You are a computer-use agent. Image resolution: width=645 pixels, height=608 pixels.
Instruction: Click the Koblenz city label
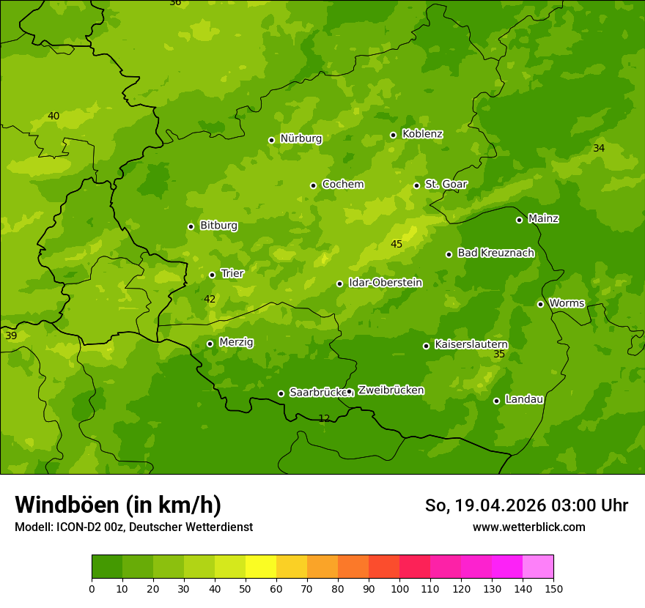pyautogui.click(x=422, y=134)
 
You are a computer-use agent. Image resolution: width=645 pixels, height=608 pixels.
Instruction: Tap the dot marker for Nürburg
pyautogui.click(x=271, y=140)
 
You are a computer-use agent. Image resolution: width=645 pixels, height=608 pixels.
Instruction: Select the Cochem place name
pyautogui.click(x=342, y=185)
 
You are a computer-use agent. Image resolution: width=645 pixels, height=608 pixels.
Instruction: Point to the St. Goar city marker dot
pyautogui.click(x=416, y=185)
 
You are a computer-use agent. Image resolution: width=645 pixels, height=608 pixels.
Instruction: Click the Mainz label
pyautogui.click(x=543, y=219)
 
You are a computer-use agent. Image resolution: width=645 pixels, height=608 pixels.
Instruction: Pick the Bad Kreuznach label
pyautogui.click(x=495, y=253)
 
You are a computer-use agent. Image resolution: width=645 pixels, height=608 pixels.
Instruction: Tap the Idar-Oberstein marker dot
pyautogui.click(x=339, y=283)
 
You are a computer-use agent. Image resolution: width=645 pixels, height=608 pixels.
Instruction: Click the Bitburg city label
pyautogui.click(x=218, y=226)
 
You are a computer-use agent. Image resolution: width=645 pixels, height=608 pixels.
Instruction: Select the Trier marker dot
pyautogui.click(x=212, y=275)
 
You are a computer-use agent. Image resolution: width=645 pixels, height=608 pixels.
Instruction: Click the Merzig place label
pyautogui.click(x=236, y=342)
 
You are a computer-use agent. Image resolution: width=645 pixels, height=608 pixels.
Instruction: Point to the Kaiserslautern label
pyautogui.click(x=471, y=344)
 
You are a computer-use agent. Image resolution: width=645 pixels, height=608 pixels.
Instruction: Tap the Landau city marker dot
pyautogui.click(x=496, y=401)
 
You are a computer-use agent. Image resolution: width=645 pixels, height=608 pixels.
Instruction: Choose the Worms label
pyautogui.click(x=567, y=303)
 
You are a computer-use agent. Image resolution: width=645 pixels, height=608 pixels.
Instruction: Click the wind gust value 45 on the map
pyautogui.click(x=397, y=244)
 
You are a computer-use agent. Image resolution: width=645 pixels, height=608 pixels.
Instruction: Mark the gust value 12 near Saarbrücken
pyautogui.click(x=324, y=418)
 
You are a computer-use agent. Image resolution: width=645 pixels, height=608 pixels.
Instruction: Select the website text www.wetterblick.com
pyautogui.click(x=528, y=527)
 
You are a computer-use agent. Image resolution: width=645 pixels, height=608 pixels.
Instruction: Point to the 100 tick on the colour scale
pyautogui.click(x=399, y=588)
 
